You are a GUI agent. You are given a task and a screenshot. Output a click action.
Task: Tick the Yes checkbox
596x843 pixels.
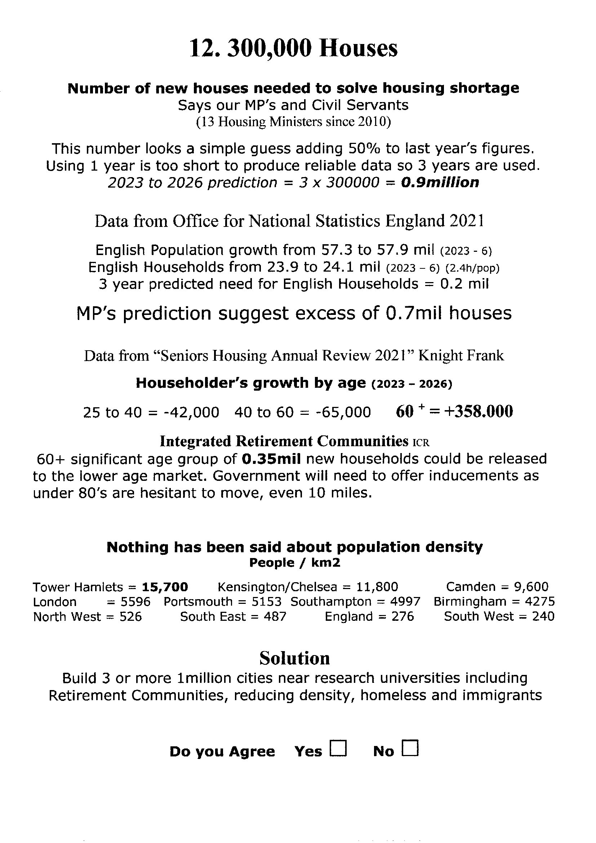[x=338, y=748]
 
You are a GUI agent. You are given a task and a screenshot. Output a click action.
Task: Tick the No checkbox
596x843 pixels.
[x=410, y=748]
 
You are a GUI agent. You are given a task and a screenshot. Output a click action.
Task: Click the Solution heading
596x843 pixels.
[x=294, y=658]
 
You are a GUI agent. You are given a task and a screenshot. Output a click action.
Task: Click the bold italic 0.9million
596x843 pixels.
[x=440, y=183]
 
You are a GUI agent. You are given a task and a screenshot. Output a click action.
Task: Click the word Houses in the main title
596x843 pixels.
[x=358, y=48]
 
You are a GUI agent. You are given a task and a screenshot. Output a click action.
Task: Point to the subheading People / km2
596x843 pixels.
[x=295, y=563]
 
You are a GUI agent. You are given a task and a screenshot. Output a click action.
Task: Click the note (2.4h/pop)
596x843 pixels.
[x=472, y=268]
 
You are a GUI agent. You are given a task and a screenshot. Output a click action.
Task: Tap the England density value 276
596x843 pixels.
[x=402, y=616]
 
